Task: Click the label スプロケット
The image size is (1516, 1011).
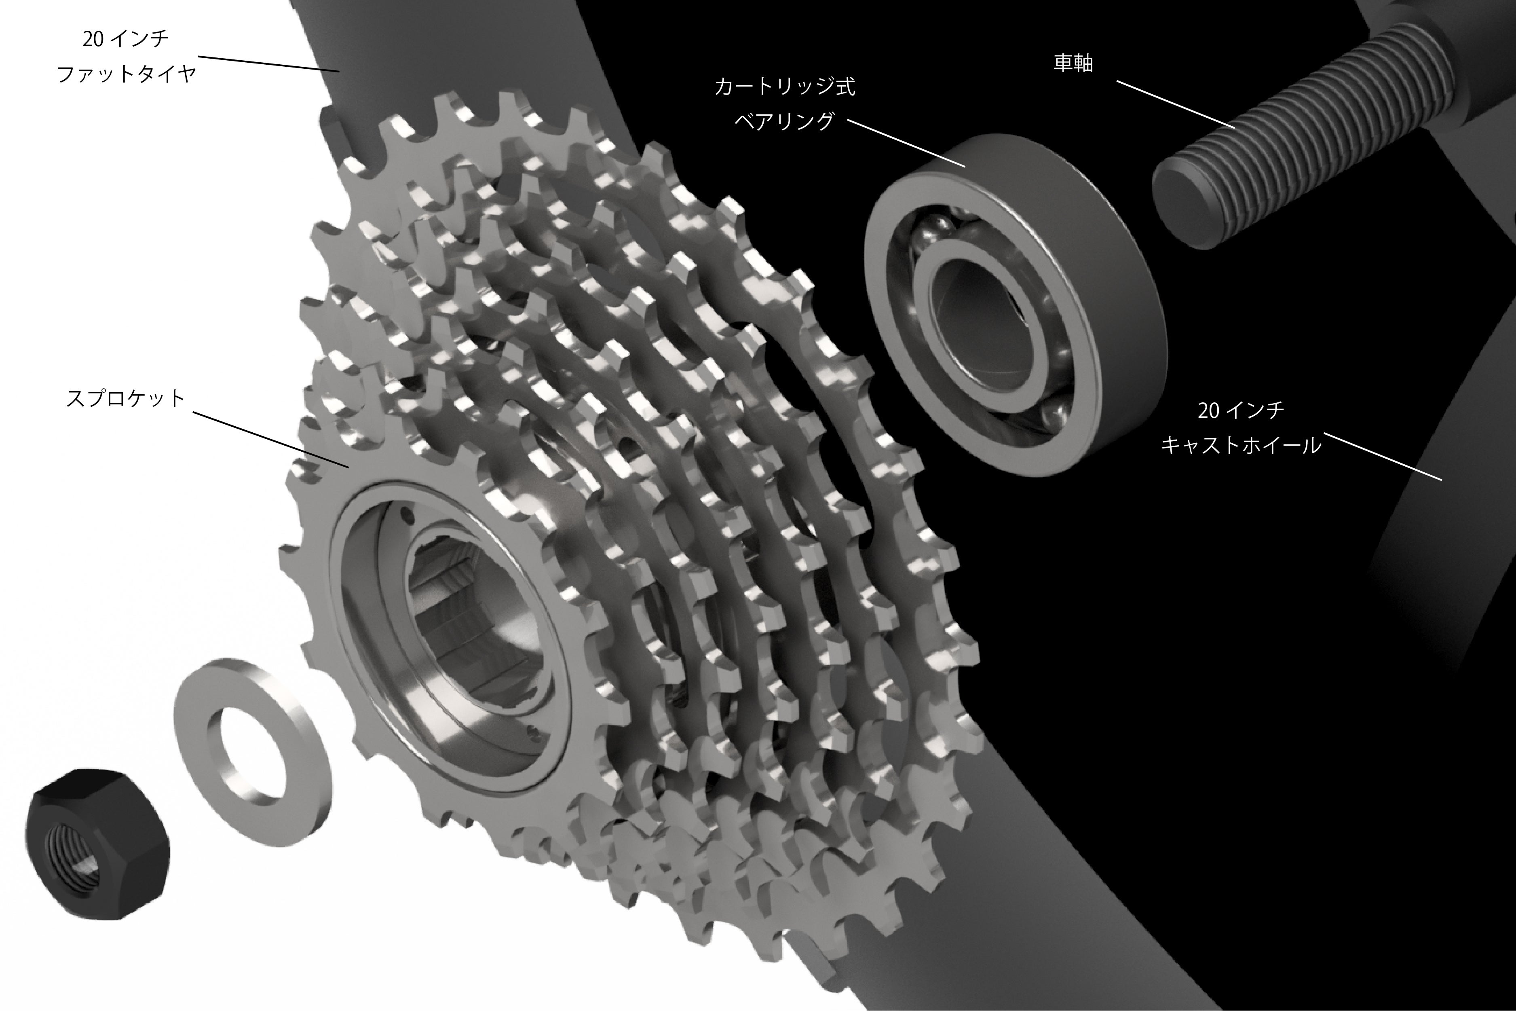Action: (126, 398)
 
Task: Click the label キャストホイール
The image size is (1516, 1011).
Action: (1241, 445)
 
